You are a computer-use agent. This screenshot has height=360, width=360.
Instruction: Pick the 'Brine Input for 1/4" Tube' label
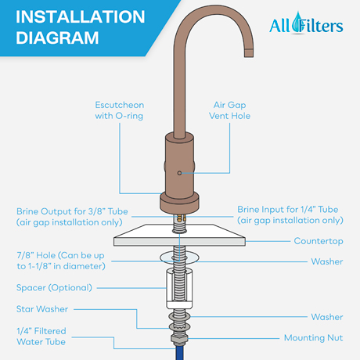(289, 216)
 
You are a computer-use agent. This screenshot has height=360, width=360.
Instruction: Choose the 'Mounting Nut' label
(312, 338)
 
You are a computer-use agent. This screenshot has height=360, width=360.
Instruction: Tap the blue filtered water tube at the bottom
(182, 352)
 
